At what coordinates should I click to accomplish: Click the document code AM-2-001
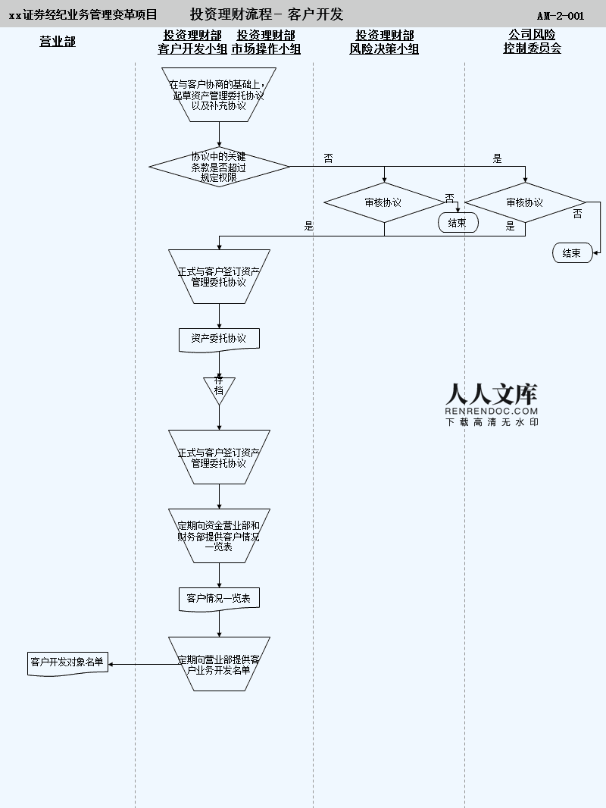tap(561, 16)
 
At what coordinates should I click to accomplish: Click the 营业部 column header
tap(58, 42)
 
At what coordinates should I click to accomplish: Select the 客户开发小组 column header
tap(192, 42)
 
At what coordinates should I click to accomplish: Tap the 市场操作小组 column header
tap(266, 42)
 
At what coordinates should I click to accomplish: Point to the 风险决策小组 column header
tap(384, 42)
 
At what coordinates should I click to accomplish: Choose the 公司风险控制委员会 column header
tap(532, 42)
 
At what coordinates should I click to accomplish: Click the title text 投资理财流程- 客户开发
tap(267, 14)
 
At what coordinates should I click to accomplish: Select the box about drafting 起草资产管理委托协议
tap(219, 95)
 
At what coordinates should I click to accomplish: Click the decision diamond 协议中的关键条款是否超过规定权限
tap(219, 166)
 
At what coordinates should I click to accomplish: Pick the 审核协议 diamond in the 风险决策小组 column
tap(383, 202)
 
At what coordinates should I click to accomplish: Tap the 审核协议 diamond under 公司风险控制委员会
tap(525, 202)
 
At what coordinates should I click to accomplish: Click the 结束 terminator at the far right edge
tap(572, 253)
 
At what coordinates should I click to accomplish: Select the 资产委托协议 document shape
tap(219, 339)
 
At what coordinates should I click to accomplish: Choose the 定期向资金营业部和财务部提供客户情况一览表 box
tap(219, 535)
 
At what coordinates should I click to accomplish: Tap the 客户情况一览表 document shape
tap(219, 599)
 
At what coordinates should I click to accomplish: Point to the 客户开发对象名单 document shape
tap(67, 662)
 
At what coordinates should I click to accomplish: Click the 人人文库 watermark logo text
tap(492, 394)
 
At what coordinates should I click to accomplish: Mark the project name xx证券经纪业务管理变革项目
tap(83, 15)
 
